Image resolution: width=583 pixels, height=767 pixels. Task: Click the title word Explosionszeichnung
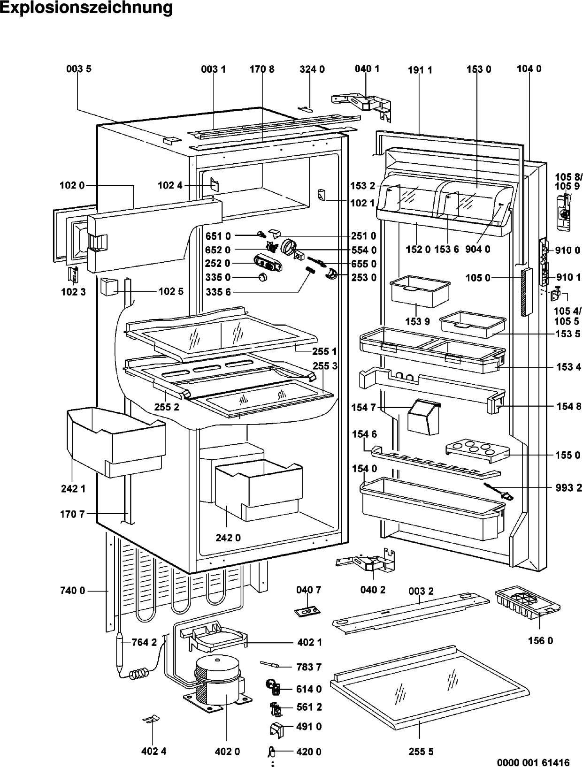click(86, 8)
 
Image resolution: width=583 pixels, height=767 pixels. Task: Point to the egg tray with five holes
click(477, 451)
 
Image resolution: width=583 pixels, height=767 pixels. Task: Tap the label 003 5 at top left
click(79, 69)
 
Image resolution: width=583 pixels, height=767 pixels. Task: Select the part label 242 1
click(73, 488)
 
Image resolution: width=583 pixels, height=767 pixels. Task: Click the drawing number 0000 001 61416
click(533, 762)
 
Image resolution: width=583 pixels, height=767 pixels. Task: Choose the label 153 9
click(418, 321)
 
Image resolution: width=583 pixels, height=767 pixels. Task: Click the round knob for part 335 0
click(262, 277)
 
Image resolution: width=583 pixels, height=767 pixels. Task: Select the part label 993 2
click(568, 487)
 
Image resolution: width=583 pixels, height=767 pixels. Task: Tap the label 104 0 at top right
click(529, 69)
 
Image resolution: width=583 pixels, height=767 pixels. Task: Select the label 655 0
click(364, 264)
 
